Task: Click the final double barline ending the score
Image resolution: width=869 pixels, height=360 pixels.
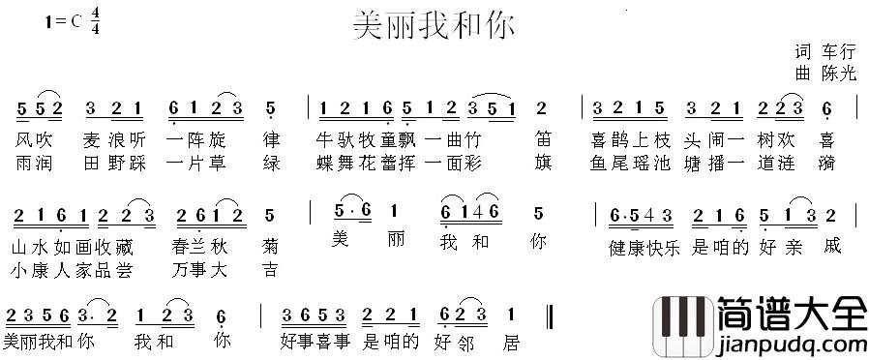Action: [550, 315]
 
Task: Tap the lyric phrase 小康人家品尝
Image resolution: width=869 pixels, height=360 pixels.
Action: [77, 269]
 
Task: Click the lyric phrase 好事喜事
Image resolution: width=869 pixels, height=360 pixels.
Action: [316, 341]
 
